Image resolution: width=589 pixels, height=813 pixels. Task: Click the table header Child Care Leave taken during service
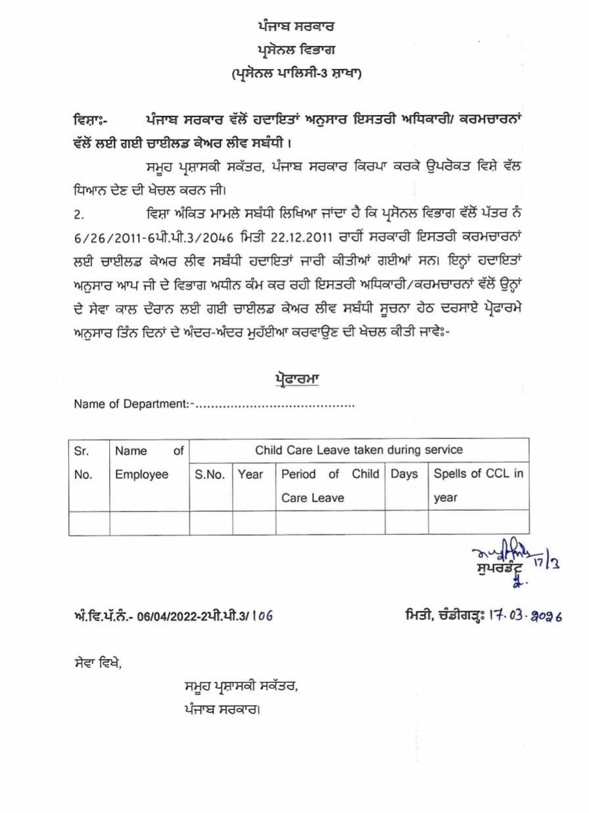(358, 450)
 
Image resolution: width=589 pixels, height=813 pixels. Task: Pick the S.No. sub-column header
(210, 474)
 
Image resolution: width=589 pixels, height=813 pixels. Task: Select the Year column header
(250, 474)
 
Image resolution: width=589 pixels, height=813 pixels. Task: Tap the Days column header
(405, 474)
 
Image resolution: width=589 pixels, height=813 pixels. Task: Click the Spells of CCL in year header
(478, 485)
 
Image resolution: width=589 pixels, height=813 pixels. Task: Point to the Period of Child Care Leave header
(330, 485)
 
